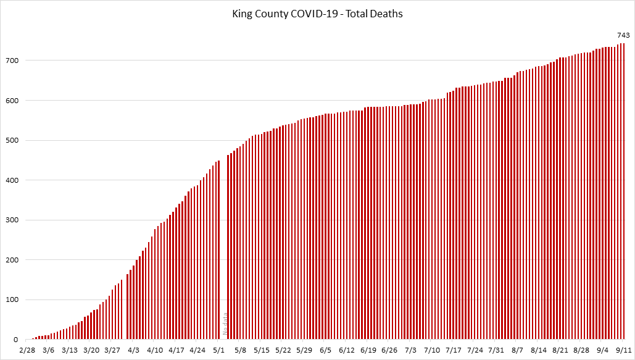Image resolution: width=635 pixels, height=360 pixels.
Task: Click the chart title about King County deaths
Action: (x=317, y=13)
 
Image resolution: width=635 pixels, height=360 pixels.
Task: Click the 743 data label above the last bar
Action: (x=623, y=35)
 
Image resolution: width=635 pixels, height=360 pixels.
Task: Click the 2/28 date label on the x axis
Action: (x=27, y=350)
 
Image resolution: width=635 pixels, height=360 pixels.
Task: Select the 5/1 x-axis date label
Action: (x=218, y=350)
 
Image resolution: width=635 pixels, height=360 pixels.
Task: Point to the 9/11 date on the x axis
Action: (x=622, y=350)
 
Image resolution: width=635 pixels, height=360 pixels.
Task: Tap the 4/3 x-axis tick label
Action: (x=133, y=350)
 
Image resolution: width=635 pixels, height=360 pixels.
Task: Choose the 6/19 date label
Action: (x=368, y=350)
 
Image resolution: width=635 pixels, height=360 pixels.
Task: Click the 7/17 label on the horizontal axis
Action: (x=454, y=350)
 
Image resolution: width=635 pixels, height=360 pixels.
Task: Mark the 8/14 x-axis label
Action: (x=539, y=350)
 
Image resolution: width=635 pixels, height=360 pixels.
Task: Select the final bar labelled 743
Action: (x=623, y=191)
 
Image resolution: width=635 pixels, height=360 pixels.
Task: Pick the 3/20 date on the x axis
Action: (x=91, y=350)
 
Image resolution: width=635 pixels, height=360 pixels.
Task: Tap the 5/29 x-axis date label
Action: (x=304, y=350)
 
